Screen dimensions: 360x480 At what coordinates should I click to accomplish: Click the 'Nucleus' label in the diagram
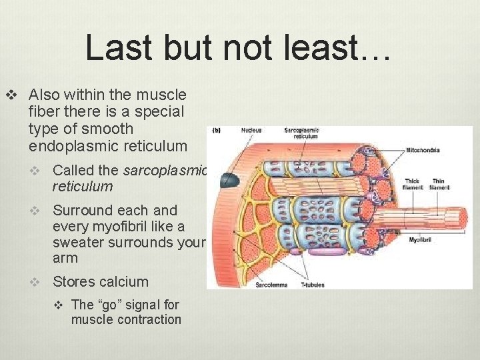[x=252, y=131]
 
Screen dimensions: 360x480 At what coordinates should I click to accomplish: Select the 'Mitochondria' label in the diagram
[x=423, y=150]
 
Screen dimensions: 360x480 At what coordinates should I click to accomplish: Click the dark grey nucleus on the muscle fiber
[x=230, y=179]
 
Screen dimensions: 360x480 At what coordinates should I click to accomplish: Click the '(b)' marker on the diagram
[x=217, y=130]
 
